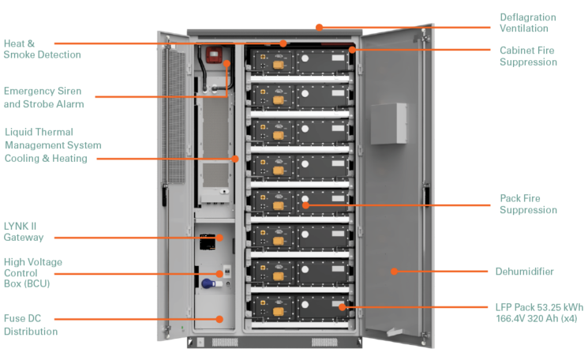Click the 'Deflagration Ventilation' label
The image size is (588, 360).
point(527,23)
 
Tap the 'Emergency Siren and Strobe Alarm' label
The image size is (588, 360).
point(43,97)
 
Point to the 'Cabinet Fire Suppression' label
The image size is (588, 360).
point(528,56)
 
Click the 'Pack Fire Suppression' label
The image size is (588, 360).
point(528,204)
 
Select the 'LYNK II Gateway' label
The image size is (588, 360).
point(24,231)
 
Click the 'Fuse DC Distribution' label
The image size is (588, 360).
point(31,325)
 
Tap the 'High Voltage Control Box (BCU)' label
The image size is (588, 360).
point(33,273)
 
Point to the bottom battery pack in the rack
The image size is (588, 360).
point(299,307)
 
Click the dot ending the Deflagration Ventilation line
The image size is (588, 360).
point(319,28)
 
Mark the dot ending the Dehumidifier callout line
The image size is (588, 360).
point(393,272)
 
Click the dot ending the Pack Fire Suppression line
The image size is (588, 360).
point(304,204)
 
